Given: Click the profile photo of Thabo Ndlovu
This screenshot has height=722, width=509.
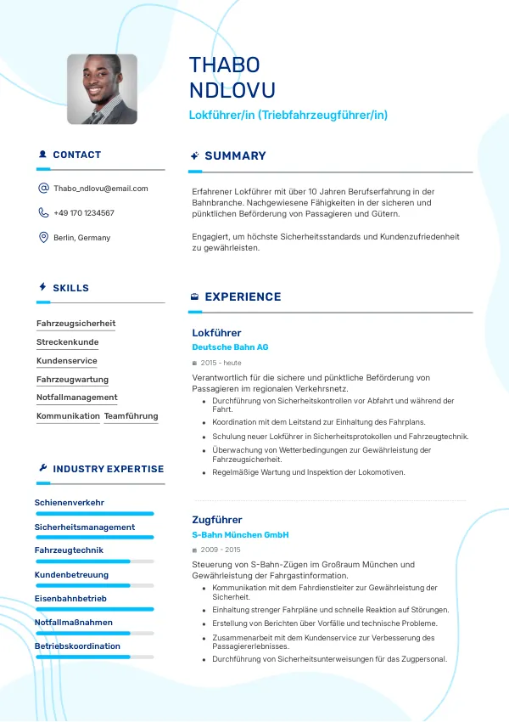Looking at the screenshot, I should click(102, 89).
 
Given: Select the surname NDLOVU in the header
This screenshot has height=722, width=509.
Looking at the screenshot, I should click(232, 91).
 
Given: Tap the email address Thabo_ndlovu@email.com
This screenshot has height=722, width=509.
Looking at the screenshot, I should click(101, 189).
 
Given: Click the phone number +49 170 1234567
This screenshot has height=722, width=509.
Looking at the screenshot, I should click(84, 213).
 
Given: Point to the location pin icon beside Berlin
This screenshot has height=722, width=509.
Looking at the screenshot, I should click(43, 237).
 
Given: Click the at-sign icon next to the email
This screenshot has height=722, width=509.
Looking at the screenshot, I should click(43, 189).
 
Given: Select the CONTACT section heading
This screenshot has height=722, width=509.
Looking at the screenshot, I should click(76, 155).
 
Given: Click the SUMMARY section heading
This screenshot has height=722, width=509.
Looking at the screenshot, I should click(235, 156).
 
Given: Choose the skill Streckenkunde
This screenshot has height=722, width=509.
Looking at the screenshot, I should click(67, 342).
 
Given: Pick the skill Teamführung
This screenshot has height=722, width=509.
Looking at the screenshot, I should click(131, 416).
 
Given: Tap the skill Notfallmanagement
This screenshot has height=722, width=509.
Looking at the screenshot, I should click(77, 398).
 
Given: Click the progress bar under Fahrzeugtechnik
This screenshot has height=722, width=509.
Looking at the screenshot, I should click(94, 561).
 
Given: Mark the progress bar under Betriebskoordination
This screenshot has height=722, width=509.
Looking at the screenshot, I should click(94, 657).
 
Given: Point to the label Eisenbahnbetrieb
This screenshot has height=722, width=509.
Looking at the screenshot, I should click(70, 599).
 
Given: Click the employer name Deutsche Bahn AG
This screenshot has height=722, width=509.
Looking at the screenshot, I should click(230, 347).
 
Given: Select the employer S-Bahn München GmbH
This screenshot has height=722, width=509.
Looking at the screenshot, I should click(240, 535).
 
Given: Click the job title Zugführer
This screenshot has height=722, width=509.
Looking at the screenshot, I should click(217, 520).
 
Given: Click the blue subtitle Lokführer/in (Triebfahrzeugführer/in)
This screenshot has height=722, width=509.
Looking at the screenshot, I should click(288, 115).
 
